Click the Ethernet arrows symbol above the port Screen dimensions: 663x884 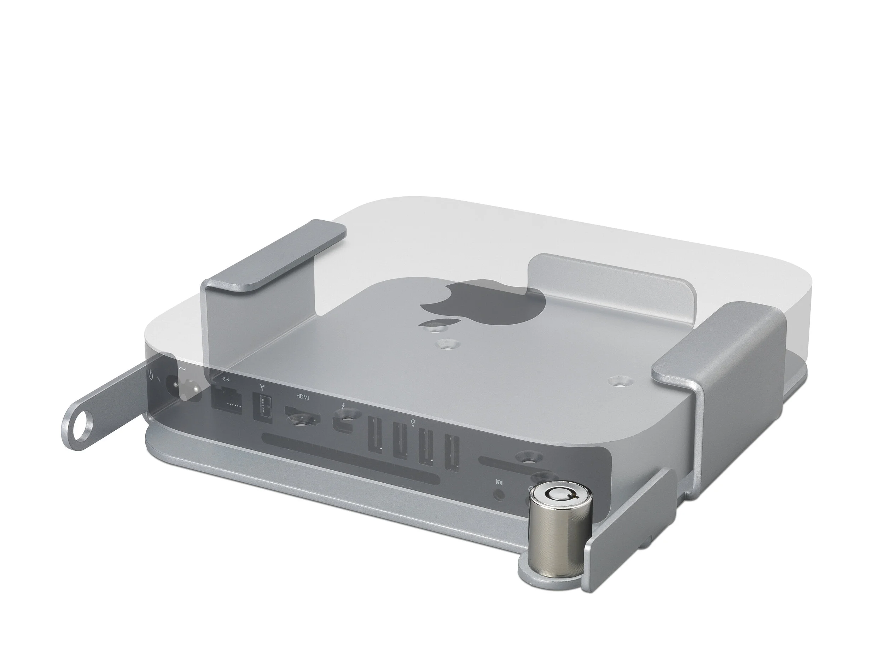click(226, 379)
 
